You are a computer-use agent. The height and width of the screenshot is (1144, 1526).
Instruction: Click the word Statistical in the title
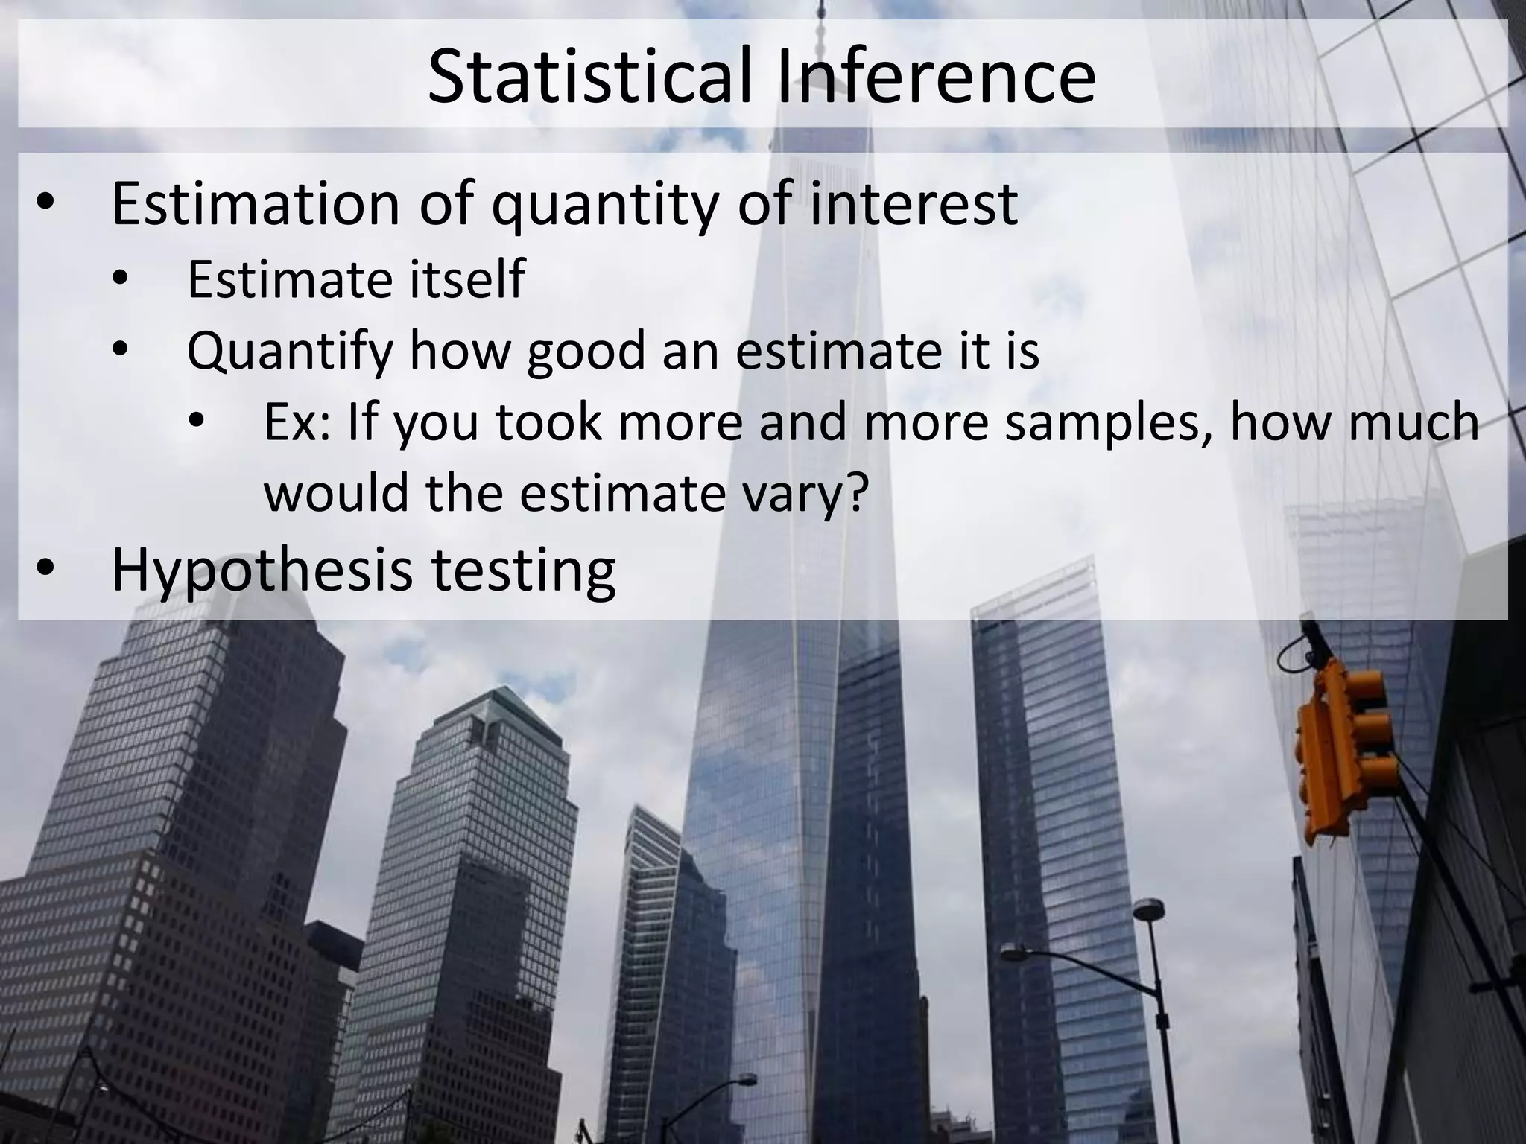[593, 75]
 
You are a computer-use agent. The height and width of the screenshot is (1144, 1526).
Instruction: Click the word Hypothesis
[262, 571]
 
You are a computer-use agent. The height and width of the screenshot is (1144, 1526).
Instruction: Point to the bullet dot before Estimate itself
[121, 280]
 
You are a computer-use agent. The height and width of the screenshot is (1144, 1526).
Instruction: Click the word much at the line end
[1428, 422]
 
